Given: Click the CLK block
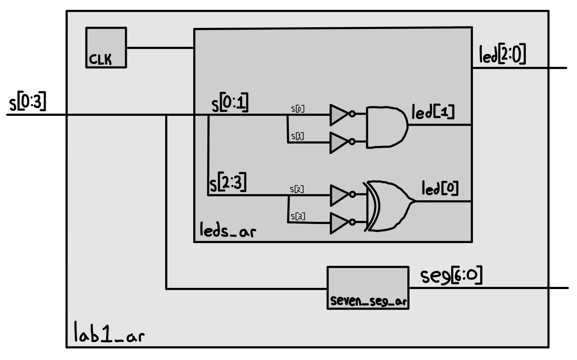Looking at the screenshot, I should pos(106,47).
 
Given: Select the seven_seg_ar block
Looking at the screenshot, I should pos(368,288).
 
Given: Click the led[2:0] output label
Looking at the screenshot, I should pos(502,55).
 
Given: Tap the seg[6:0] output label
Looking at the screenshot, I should pos(451,276).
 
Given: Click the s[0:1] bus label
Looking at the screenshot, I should pos(230,103).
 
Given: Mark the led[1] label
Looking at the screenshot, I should pos(433,112).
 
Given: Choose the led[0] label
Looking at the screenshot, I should pos(440,189).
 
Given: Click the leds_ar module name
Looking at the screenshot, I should pos(227,231).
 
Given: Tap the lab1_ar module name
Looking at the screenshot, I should pos(109,333).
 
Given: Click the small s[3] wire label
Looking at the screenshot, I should pos(298,216).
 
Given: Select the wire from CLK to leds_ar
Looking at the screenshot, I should pos(160,48).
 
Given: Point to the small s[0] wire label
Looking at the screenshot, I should pos(298,109).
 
